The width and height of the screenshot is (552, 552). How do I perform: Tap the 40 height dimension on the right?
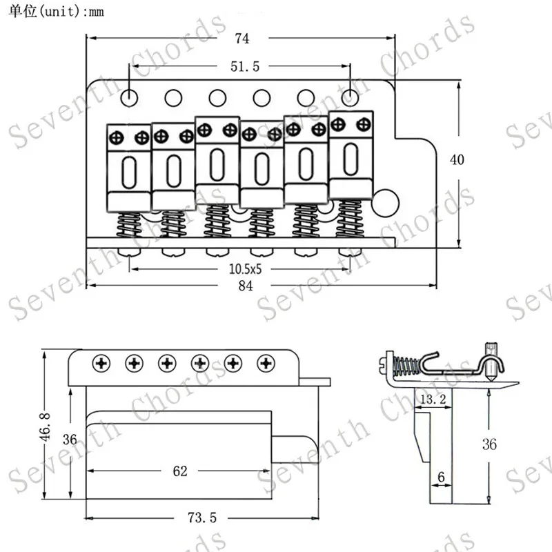pyautogui.click(x=457, y=159)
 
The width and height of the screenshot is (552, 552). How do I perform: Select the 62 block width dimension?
pyautogui.click(x=180, y=471)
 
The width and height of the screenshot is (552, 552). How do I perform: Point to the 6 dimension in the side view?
pyautogui.click(x=440, y=476)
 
